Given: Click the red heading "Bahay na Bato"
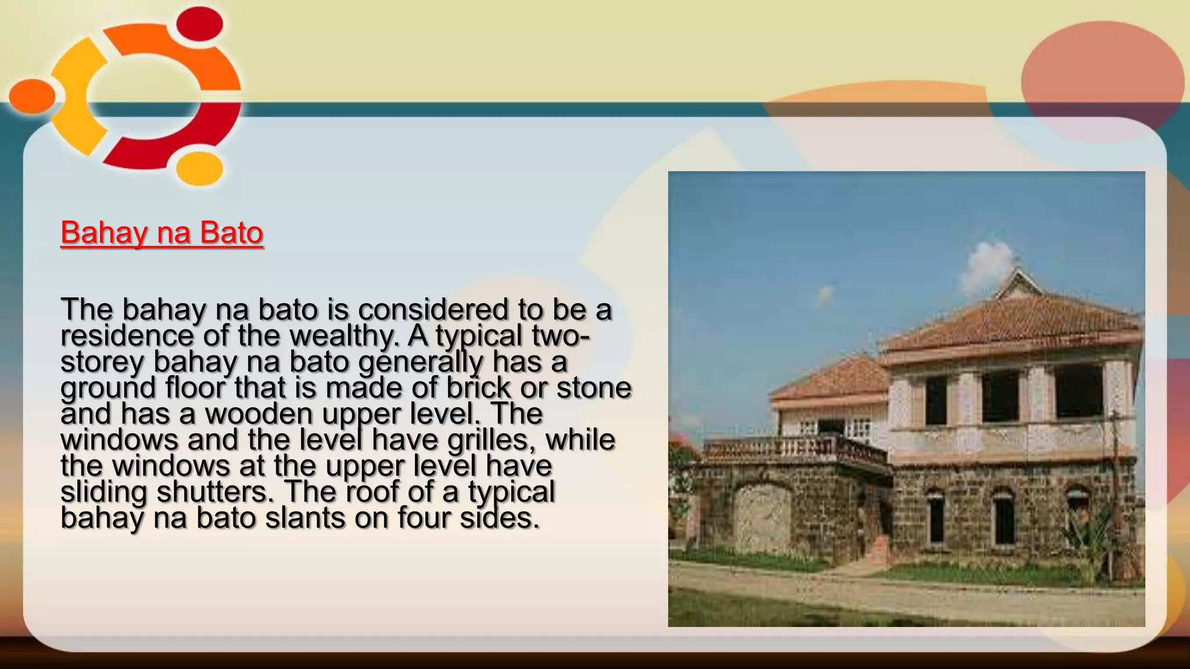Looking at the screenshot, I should [x=162, y=233].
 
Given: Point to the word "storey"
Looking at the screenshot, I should [x=102, y=362].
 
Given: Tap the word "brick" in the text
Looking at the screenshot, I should [x=478, y=388].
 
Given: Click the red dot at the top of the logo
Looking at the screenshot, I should [x=199, y=27].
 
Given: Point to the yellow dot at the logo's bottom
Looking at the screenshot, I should [x=199, y=168].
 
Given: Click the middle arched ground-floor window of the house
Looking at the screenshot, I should [x=1003, y=517].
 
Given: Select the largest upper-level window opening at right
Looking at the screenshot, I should [x=1078, y=392].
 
